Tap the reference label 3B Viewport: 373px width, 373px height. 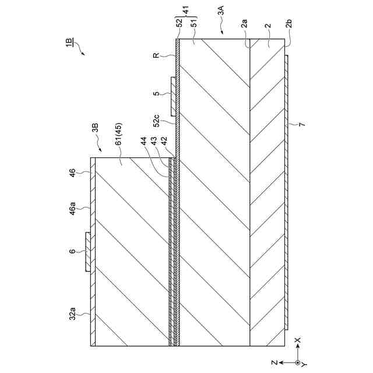coord(96,129)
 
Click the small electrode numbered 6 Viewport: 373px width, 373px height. coord(88,252)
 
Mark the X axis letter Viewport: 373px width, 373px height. coord(298,339)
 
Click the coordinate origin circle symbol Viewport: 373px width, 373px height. coord(298,362)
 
